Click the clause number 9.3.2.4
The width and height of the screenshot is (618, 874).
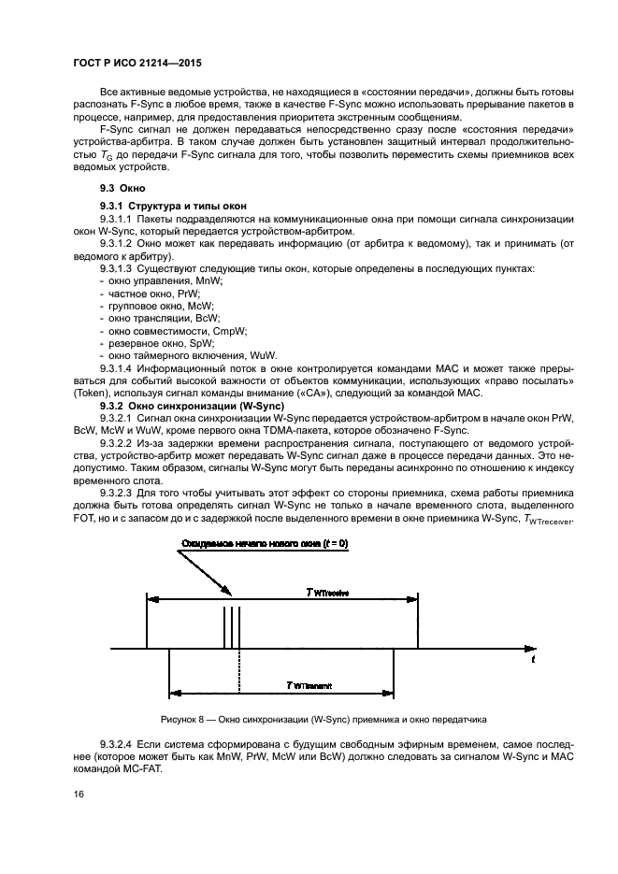click(115, 743)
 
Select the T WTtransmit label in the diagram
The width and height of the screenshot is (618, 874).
click(309, 685)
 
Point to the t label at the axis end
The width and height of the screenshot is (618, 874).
click(533, 660)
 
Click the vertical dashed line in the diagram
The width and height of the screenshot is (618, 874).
click(240, 673)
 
